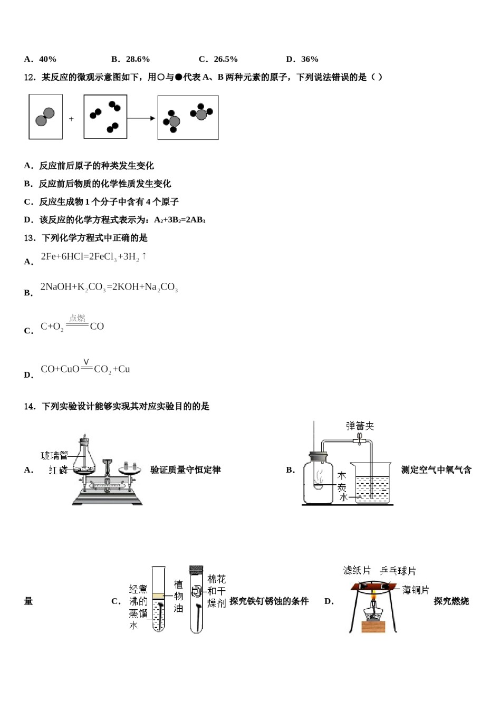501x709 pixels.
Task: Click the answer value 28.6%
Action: (x=138, y=59)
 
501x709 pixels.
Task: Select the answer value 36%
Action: (x=310, y=59)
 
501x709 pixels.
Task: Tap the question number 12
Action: (x=30, y=78)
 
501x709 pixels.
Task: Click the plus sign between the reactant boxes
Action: (x=71, y=119)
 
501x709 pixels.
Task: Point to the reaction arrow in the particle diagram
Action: (x=141, y=118)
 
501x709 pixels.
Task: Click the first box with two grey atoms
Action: (x=45, y=117)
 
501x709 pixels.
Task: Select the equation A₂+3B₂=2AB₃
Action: (x=179, y=220)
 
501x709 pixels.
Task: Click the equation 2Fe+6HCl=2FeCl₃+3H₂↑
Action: (x=93, y=257)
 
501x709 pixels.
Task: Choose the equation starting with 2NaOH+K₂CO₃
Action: (x=109, y=288)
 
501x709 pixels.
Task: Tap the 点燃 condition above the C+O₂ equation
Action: (x=77, y=318)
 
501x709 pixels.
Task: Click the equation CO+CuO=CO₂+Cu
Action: (x=85, y=369)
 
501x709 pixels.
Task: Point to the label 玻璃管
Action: (x=54, y=455)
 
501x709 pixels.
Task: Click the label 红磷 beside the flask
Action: (x=58, y=470)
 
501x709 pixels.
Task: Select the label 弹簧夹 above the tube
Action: (x=360, y=426)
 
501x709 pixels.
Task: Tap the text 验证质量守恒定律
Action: (x=185, y=470)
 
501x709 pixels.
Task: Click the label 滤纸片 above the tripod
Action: (x=357, y=570)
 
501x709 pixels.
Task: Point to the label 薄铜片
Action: (x=416, y=590)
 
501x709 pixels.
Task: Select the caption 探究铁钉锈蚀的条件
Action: (x=269, y=601)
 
